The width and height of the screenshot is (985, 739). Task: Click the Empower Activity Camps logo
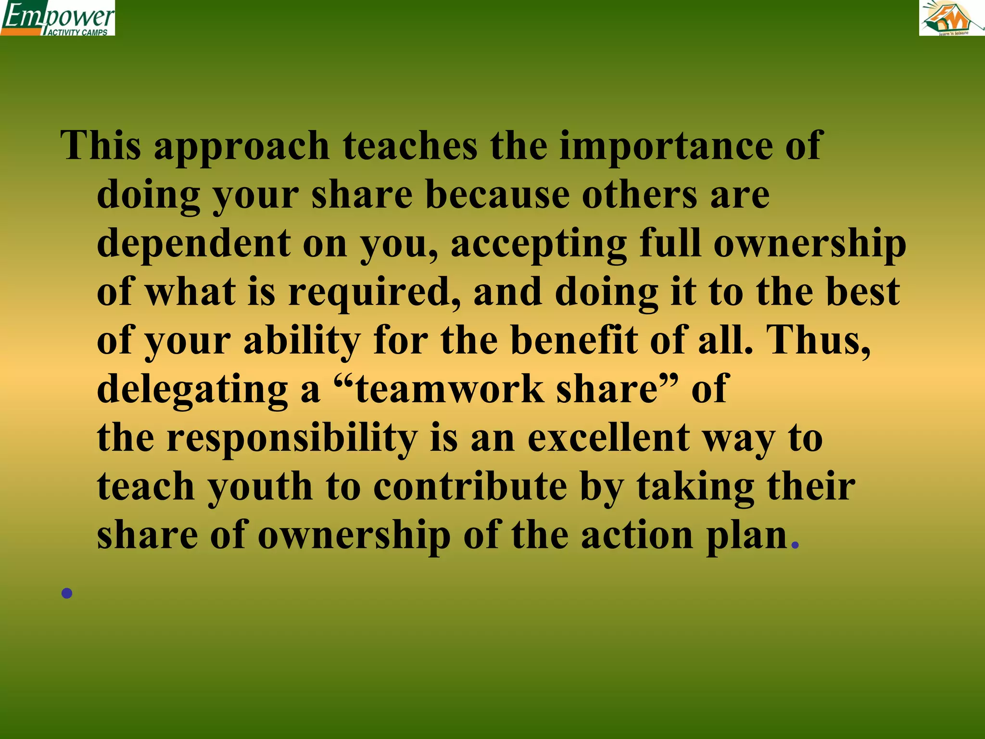point(57,18)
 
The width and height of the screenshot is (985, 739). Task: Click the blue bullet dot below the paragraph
point(67,593)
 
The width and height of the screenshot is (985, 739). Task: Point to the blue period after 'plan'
point(795,545)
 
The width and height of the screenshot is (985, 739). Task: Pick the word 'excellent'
point(609,438)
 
